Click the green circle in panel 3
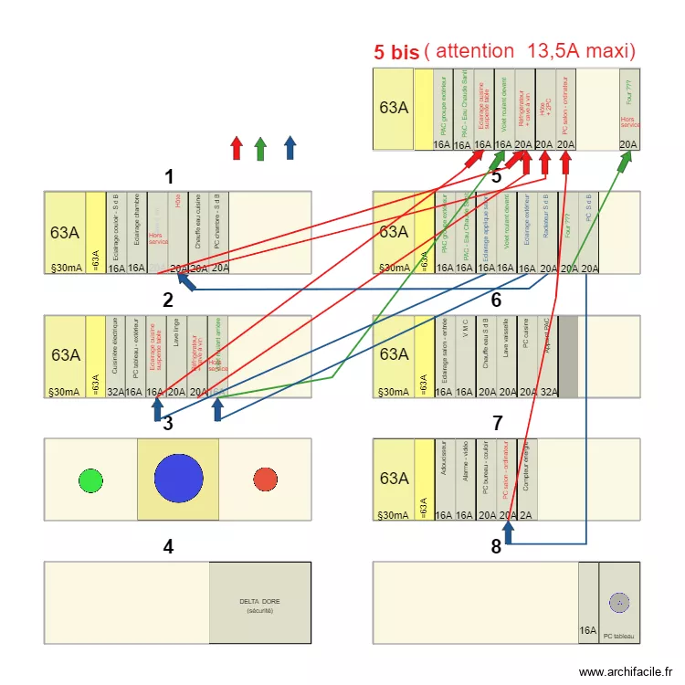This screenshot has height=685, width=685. [x=90, y=479]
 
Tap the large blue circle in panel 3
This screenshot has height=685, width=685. [x=178, y=479]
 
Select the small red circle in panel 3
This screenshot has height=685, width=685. [x=265, y=479]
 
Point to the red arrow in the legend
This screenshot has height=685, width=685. [x=236, y=148]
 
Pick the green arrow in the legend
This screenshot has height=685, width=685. [x=260, y=148]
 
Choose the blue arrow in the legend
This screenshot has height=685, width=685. [x=290, y=148]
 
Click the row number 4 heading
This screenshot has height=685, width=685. [x=168, y=547]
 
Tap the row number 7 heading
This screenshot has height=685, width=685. [x=497, y=423]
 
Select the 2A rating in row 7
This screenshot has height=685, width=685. [x=527, y=516]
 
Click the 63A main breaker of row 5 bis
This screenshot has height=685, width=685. [x=394, y=108]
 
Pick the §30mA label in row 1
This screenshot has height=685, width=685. [x=64, y=268]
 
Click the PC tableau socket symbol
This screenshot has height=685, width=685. [x=619, y=602]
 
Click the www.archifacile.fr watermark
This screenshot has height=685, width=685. [x=625, y=671]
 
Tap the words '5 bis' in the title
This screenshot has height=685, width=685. [x=396, y=52]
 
